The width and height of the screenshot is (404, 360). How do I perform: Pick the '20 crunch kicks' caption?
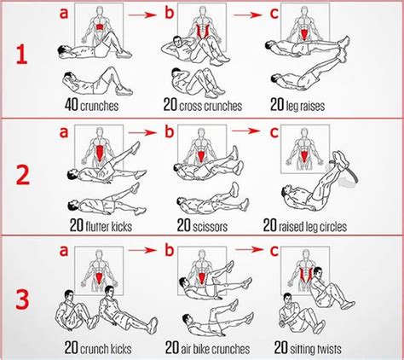101,348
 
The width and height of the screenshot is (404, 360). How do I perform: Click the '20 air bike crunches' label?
209,348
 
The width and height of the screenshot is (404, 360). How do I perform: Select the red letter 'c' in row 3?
273,250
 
